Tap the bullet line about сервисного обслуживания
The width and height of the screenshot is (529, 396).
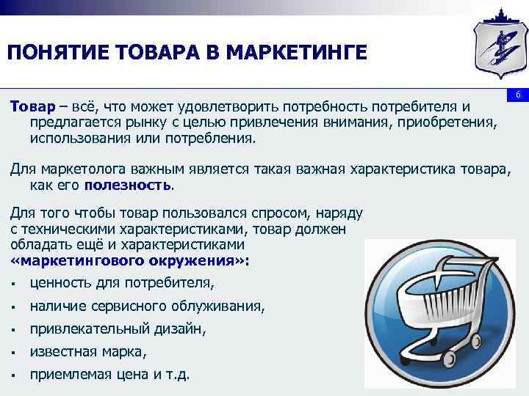pos(147,306)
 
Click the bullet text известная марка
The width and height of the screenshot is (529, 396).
pos(88,352)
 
